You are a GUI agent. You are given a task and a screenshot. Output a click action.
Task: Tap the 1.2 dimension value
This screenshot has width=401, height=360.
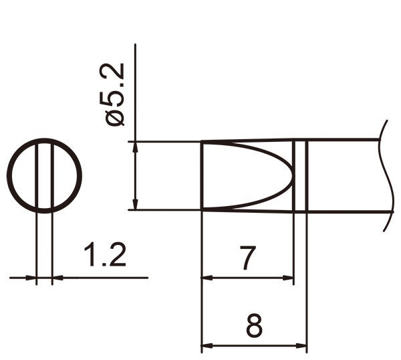(104, 256)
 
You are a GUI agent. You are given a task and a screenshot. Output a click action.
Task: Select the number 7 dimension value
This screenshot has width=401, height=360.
(248, 258)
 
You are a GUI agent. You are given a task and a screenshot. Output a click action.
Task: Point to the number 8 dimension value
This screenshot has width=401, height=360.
(254, 327)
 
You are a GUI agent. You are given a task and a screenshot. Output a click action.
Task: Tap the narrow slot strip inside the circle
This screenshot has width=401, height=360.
(45, 177)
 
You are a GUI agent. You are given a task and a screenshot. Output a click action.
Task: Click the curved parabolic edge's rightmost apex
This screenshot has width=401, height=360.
(292, 176)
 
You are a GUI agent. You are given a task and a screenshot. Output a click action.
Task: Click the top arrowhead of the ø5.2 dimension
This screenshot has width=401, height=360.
(136, 147)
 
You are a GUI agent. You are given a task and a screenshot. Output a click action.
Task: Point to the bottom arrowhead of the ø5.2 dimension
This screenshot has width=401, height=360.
(136, 205)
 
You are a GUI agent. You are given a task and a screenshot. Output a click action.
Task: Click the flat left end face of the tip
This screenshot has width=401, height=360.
(202, 176)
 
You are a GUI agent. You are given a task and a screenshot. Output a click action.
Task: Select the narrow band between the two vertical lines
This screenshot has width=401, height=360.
(300, 176)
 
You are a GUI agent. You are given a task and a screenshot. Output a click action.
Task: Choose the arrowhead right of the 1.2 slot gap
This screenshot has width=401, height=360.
(57, 277)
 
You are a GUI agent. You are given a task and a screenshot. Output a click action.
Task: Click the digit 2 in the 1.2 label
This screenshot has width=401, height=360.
(116, 256)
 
